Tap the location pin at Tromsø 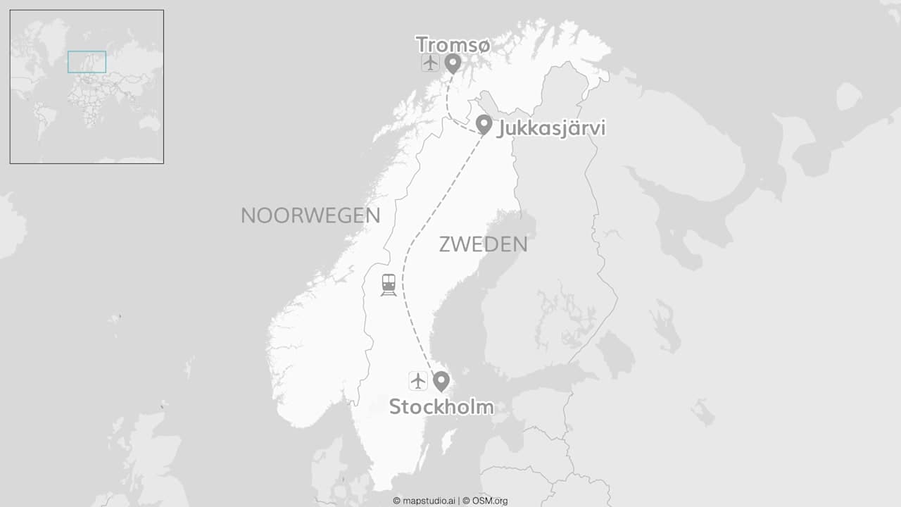453,63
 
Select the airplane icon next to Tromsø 430,63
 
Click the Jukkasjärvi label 551,129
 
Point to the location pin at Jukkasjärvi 484,124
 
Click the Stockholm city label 441,407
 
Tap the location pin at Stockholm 441,380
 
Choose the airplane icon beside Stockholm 418,381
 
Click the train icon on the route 389,284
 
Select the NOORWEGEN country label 310,215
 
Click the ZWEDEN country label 483,244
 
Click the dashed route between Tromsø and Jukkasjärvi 449,106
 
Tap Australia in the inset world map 149,123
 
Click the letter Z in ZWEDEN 445,244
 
